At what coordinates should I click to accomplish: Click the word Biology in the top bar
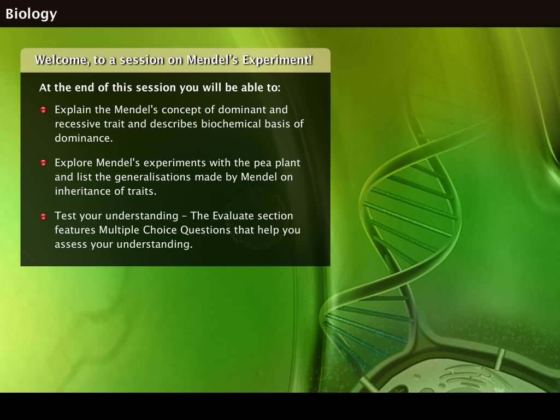coord(31,14)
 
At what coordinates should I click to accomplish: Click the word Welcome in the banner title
coord(62,60)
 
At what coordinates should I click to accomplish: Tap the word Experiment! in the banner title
coord(278,60)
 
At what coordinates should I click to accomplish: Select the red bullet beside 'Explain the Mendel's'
coord(44,110)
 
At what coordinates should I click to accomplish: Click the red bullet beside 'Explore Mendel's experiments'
coord(44,162)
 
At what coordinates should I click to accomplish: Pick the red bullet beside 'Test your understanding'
coord(44,216)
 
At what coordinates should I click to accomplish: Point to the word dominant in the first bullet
coord(239,109)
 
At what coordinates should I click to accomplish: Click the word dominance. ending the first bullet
coord(84,138)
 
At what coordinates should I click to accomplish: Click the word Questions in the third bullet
coord(205,230)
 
